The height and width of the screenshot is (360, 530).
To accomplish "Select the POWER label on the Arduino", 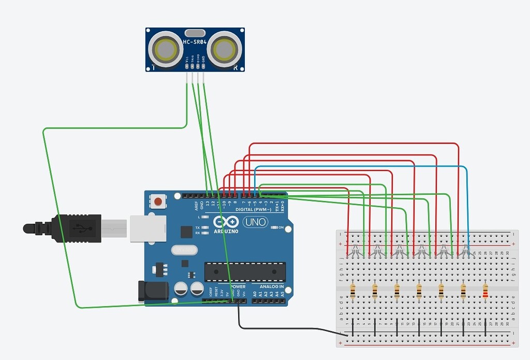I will (238, 286).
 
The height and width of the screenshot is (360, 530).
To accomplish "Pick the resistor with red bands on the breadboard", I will (485, 291).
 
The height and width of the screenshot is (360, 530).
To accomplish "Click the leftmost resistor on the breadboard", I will (352, 291).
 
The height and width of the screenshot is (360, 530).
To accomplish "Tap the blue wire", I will (362, 167).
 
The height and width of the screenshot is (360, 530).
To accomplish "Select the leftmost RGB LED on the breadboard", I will (355, 252).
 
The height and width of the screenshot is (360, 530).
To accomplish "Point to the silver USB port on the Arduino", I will (148, 227).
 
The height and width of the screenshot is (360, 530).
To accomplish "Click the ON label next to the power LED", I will (281, 227).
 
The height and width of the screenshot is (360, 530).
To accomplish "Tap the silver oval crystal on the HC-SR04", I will (195, 32).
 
